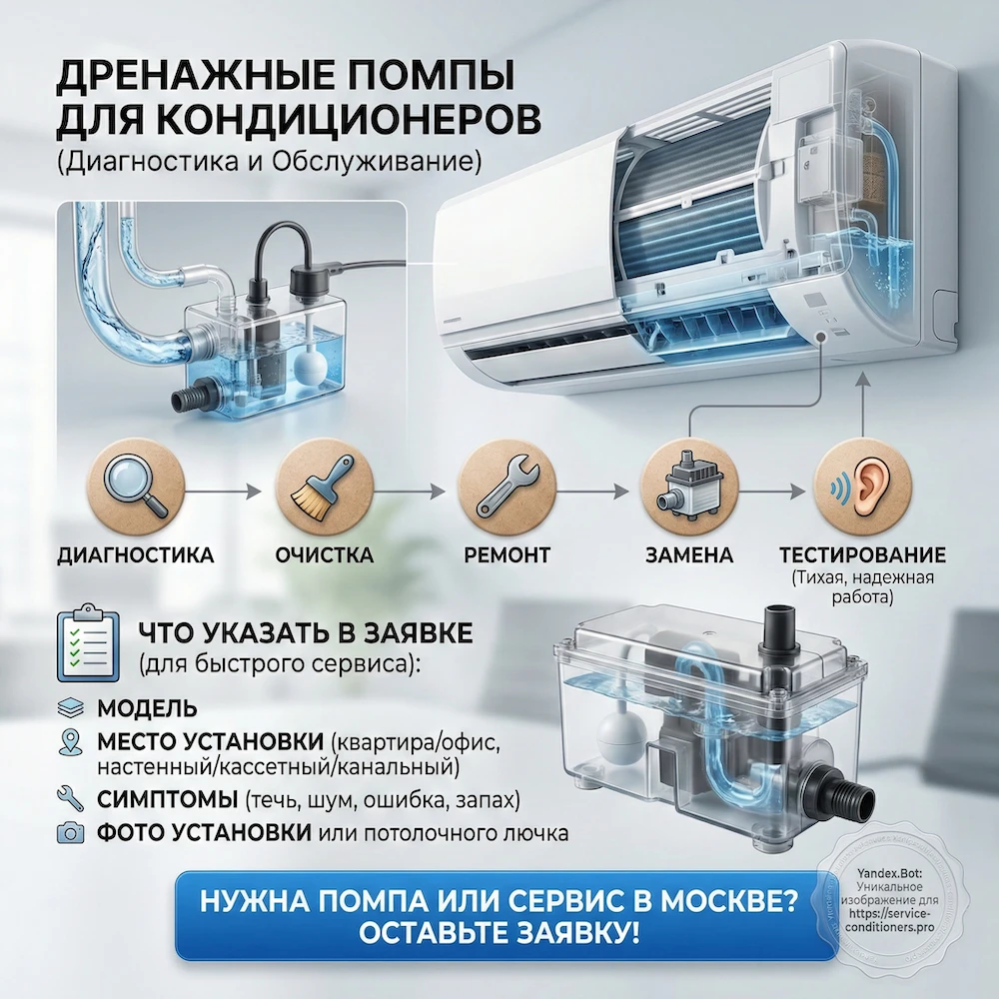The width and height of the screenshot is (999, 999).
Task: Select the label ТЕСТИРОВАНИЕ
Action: click(x=861, y=554)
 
